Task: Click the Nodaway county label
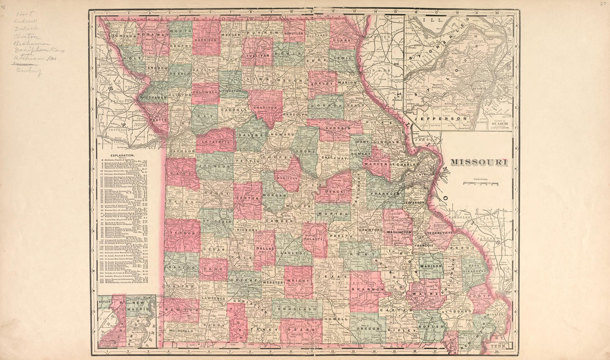(x=150, y=34)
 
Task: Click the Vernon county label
(x=181, y=234)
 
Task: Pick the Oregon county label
(x=367, y=328)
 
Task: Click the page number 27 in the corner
(x=601, y=4)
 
